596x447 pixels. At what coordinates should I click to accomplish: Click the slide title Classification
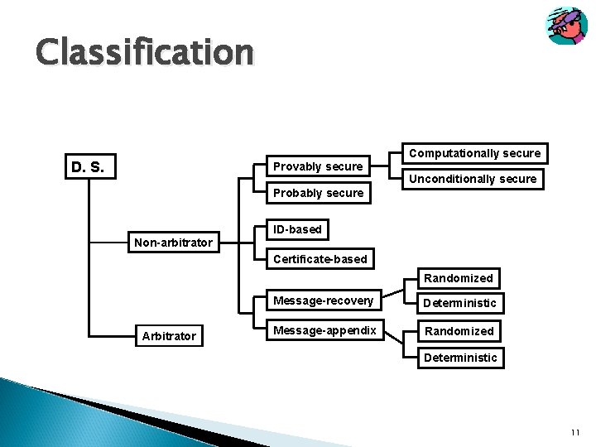[144, 52]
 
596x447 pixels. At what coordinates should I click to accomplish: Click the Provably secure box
[318, 166]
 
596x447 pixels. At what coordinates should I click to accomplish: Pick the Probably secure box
[318, 193]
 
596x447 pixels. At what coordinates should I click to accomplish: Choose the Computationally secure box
[475, 153]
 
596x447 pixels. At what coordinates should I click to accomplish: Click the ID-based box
[297, 229]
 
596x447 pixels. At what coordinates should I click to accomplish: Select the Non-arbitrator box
[173, 243]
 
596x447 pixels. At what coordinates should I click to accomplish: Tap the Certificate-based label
[320, 259]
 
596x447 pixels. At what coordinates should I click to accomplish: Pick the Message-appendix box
[324, 330]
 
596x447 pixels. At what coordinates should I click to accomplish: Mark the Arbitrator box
[169, 336]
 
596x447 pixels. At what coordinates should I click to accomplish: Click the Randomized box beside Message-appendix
[459, 331]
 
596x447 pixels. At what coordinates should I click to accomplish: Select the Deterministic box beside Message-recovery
[459, 303]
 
